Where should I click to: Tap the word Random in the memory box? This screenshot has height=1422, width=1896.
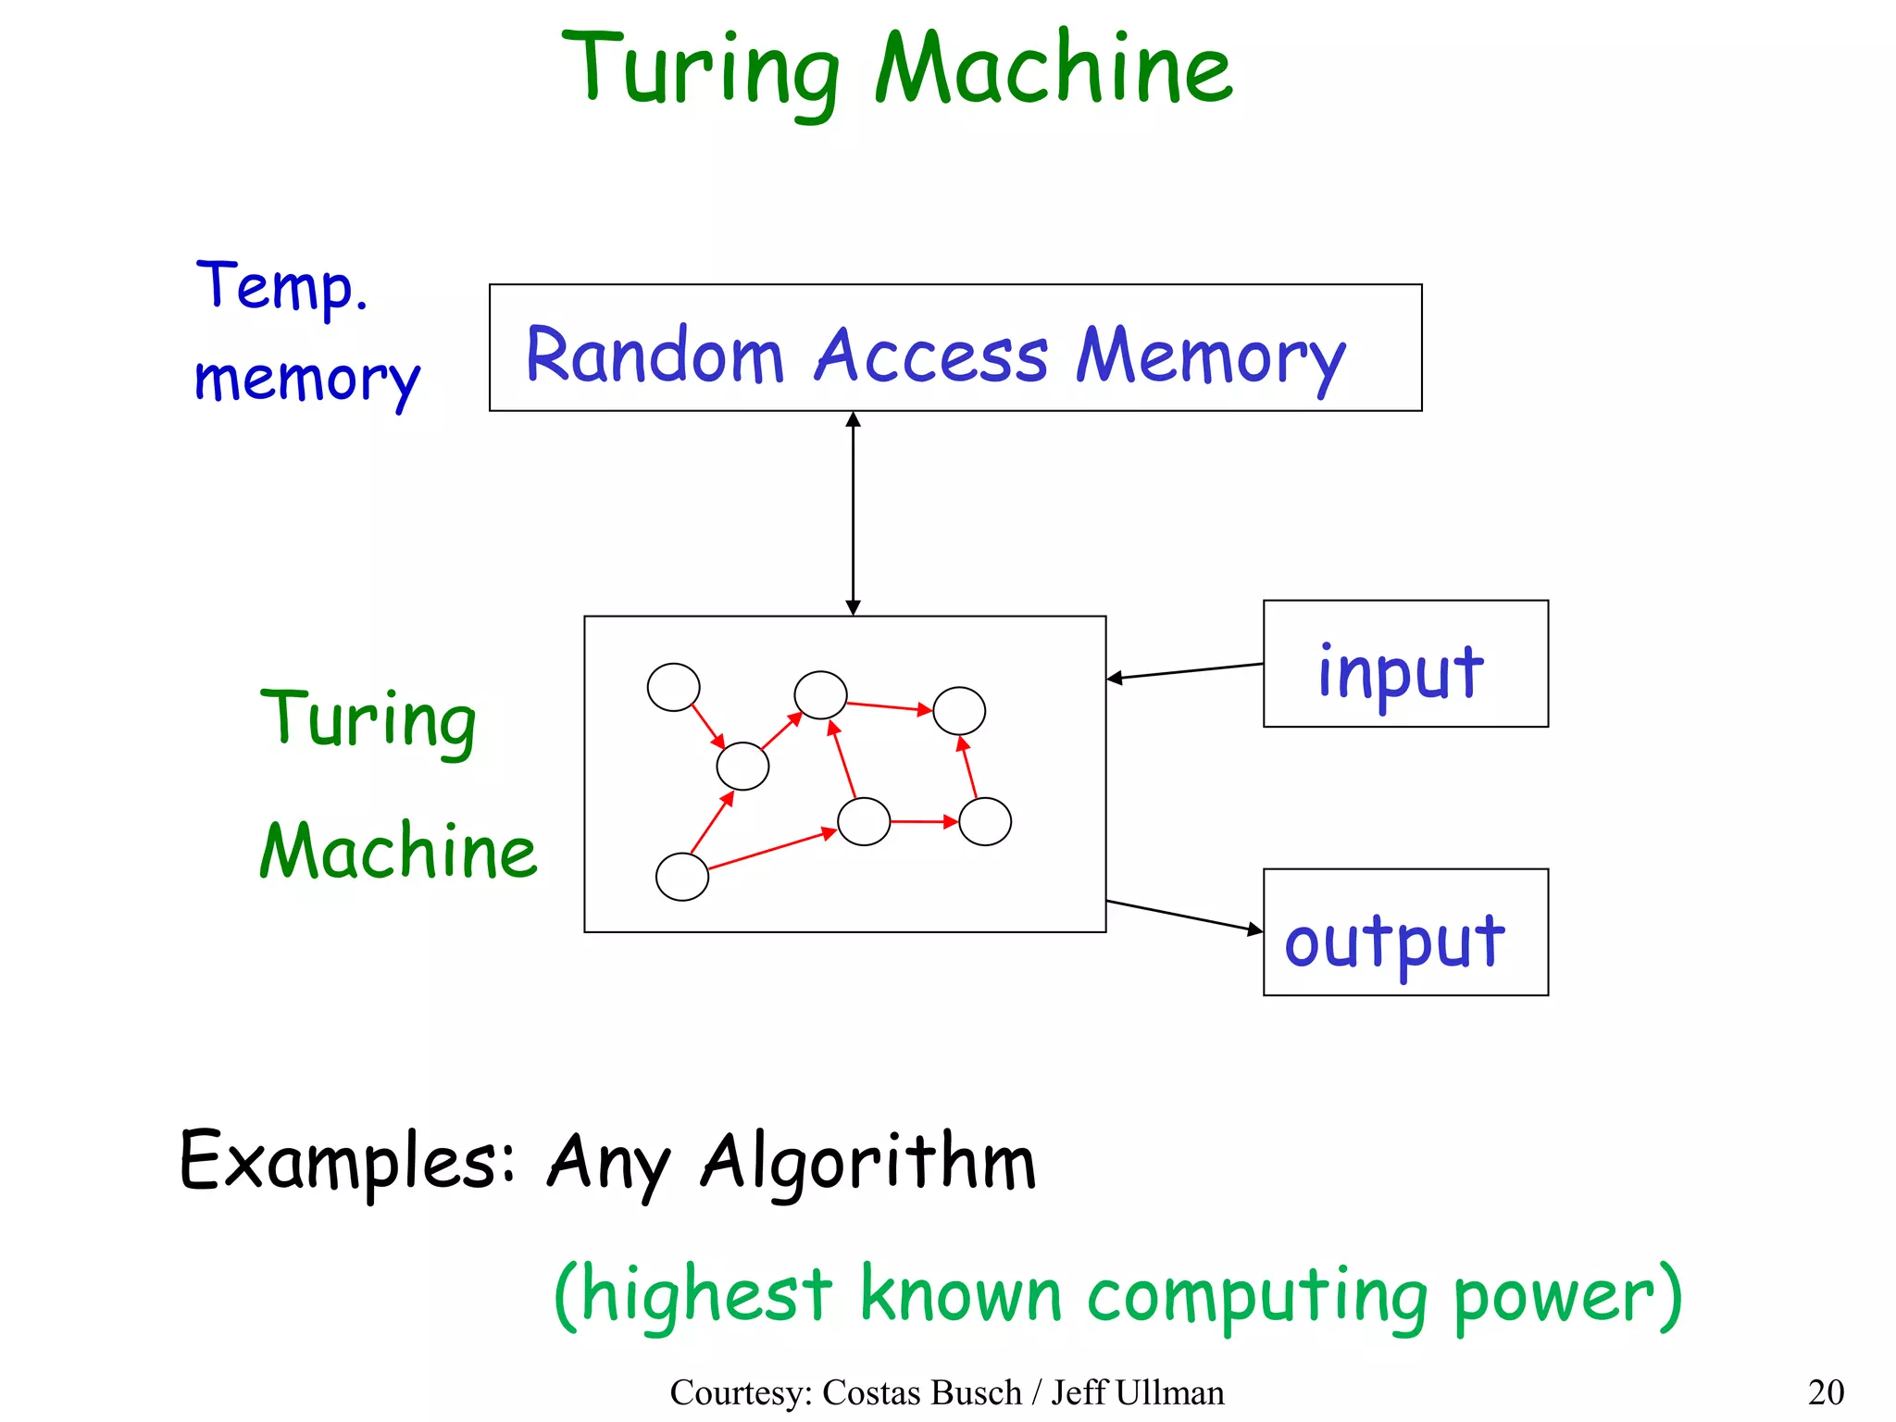pos(655,355)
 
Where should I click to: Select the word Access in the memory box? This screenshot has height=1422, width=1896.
pos(930,355)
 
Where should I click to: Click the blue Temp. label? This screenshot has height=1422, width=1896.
pos(281,286)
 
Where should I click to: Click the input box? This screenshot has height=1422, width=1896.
pos(1404,664)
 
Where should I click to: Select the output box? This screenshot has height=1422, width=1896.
pos(1404,932)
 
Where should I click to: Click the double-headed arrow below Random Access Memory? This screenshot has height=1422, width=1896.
pos(853,514)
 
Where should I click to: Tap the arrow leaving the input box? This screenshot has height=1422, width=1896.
pos(1185,671)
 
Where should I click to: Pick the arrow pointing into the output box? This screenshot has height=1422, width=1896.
pos(1185,915)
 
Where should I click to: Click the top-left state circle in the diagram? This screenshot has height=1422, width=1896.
pos(673,687)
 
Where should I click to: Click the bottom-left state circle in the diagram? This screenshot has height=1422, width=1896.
pos(682,877)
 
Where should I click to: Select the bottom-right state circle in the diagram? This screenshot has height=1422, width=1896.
pos(985,821)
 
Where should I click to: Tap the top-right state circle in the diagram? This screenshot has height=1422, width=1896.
pos(959,710)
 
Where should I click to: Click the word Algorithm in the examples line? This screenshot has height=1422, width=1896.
pos(867,1163)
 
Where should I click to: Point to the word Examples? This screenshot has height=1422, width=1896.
pos(347,1161)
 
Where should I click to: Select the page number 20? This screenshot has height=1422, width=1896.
pos(1826,1392)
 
